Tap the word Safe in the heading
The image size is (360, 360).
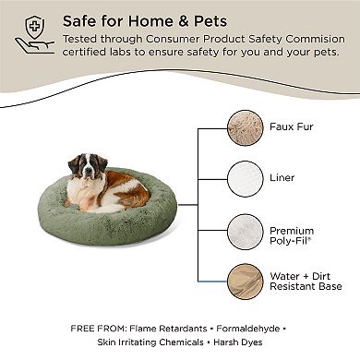pyautogui.click(x=81, y=20)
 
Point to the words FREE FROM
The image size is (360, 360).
pyautogui.click(x=90, y=328)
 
